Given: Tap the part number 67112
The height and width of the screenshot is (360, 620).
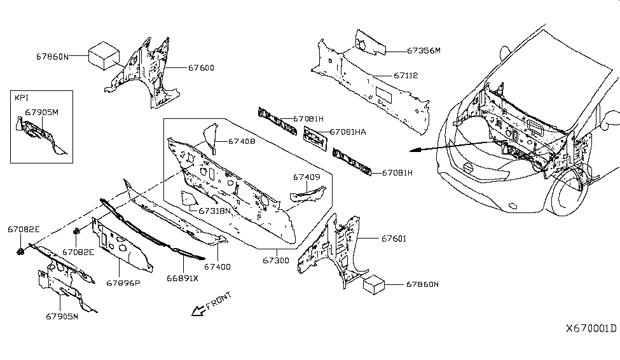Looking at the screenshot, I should [x=405, y=76].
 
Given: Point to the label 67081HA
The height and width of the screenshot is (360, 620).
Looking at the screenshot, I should [x=346, y=133].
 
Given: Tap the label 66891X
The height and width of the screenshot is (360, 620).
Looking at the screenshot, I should [x=183, y=278].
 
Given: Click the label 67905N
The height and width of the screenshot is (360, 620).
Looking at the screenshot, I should [x=62, y=316].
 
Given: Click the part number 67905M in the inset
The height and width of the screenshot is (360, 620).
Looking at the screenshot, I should [x=42, y=112].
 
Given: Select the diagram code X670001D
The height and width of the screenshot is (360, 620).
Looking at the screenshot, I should [x=591, y=328].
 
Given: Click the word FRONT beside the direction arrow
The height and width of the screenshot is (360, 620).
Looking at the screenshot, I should [x=219, y=300].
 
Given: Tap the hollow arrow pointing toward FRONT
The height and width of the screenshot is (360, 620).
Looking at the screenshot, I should [x=199, y=310].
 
